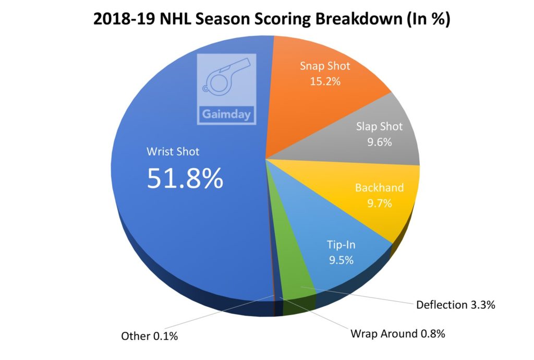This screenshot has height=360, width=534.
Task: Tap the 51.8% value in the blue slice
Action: pyautogui.click(x=185, y=178)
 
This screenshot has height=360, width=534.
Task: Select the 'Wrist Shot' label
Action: pyautogui.click(x=173, y=152)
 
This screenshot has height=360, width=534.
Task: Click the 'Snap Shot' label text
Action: pyautogui.click(x=325, y=66)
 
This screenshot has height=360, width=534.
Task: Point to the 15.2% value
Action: pyautogui.click(x=325, y=82)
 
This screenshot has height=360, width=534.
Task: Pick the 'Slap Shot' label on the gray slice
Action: pyautogui.click(x=379, y=126)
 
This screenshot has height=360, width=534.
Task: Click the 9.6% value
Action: pyautogui.click(x=380, y=142)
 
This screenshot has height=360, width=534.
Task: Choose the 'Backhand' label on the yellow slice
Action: pyautogui.click(x=380, y=188)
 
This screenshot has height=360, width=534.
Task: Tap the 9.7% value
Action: pyautogui.click(x=380, y=203)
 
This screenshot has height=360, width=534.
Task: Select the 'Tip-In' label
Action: pyautogui.click(x=341, y=244)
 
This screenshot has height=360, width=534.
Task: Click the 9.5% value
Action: pyautogui.click(x=341, y=260)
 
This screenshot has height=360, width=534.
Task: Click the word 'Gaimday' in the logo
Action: pyautogui.click(x=226, y=114)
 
